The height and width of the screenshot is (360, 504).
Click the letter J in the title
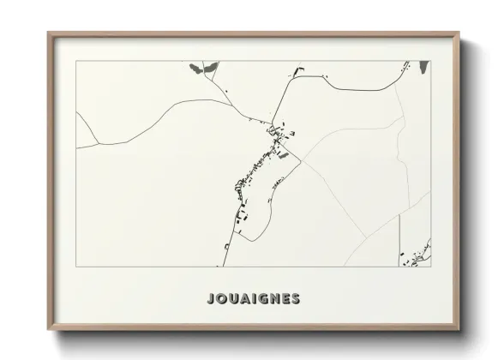[x=211, y=299]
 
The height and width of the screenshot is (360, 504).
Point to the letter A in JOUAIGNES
[x=245, y=299]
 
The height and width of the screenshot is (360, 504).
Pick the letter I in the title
[x=255, y=299]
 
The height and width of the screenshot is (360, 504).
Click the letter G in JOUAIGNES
[x=263, y=299]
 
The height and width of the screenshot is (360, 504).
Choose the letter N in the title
[x=275, y=299]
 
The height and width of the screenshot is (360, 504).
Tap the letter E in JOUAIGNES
[x=286, y=299]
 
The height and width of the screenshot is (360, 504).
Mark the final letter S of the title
[x=296, y=299]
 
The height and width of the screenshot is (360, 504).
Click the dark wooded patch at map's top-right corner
[x=423, y=68]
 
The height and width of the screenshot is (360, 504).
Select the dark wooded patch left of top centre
[x=197, y=66]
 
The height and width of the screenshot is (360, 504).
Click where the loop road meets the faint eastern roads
[x=302, y=159]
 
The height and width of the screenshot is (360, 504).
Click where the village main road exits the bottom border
[x=225, y=265]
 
